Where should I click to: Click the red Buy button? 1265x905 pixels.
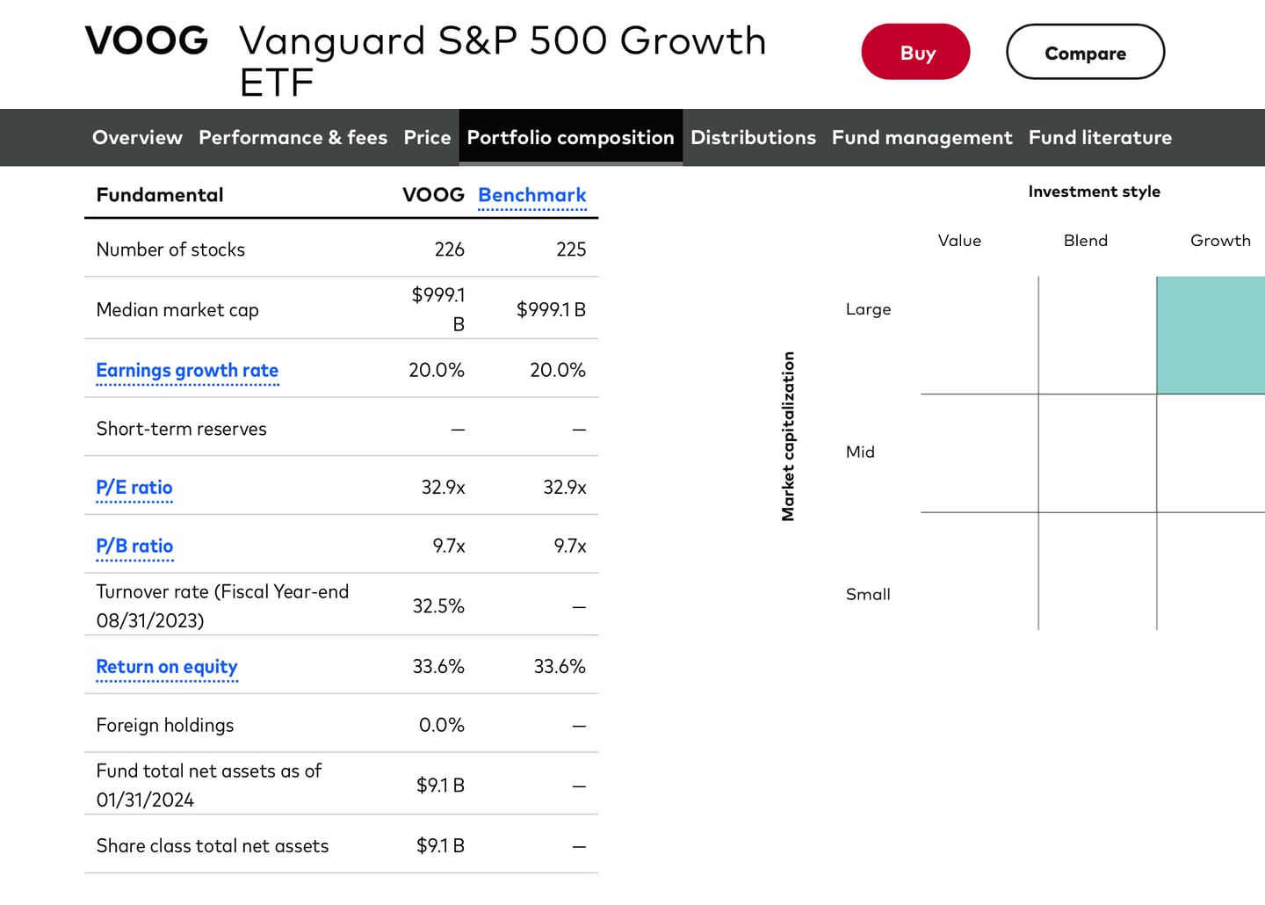[x=915, y=53]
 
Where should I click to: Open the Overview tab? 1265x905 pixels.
[x=137, y=138]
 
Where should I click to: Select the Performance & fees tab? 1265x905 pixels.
[x=293, y=138]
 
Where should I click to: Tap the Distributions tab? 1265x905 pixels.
[x=753, y=138]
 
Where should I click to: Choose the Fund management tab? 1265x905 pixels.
[x=922, y=138]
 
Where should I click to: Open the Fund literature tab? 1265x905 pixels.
[x=1100, y=138]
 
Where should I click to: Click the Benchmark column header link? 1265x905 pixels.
[x=531, y=195]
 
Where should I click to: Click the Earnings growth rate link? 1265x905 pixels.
[x=187, y=370]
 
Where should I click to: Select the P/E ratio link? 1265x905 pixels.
[x=134, y=488]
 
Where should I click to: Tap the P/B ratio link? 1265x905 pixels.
[x=134, y=547]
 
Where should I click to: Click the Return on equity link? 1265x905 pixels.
[x=167, y=667]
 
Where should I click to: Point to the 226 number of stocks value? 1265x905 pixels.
[x=449, y=250]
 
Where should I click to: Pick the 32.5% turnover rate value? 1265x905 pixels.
[x=438, y=606]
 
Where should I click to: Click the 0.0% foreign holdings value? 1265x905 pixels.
[x=441, y=726]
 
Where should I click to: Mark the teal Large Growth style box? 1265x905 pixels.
[x=1211, y=335]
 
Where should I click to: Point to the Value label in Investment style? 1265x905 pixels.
[x=959, y=241]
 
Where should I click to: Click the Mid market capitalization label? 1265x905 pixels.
[x=860, y=452]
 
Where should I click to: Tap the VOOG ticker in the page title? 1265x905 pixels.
[x=147, y=41]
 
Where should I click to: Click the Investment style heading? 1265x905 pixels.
[x=1094, y=192]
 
